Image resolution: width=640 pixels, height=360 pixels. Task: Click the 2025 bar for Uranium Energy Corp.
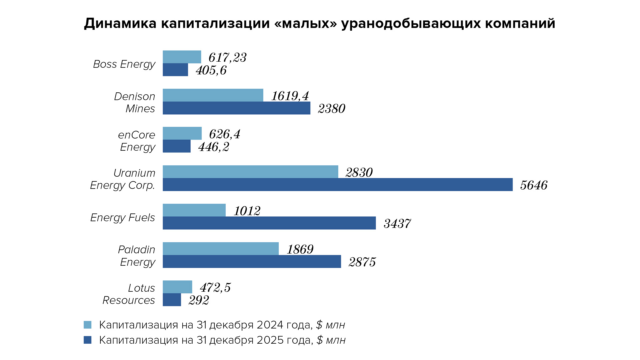tap(337, 185)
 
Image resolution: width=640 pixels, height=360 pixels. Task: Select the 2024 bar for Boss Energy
tap(182, 57)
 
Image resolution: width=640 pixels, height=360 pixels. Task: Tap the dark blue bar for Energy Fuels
tap(269, 223)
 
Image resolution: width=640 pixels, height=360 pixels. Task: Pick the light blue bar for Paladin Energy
tap(220, 249)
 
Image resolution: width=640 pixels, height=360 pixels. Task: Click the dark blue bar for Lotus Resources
tap(172, 300)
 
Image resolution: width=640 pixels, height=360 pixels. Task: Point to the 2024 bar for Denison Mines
tap(213, 95)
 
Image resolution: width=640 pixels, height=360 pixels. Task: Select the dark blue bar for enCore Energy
tap(176, 146)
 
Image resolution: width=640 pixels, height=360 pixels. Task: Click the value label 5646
tap(534, 185)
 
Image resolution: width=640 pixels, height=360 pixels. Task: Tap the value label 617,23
tap(227, 58)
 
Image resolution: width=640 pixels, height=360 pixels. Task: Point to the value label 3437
tap(397, 224)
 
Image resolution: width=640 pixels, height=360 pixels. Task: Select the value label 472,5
tap(215, 288)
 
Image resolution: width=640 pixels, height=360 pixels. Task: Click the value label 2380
tap(331, 109)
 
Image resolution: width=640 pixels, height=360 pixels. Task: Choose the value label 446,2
tap(214, 147)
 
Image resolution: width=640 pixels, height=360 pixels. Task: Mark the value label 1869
tap(300, 249)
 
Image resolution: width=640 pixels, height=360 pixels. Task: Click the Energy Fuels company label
tap(122, 218)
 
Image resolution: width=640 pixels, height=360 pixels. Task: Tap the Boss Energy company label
tap(124, 64)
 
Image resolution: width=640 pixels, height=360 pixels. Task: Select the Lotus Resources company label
tap(129, 294)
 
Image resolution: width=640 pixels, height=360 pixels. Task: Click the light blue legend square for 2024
tap(87, 325)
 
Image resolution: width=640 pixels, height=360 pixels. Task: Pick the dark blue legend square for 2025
tap(87, 340)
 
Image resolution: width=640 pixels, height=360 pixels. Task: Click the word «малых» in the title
tap(306, 23)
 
